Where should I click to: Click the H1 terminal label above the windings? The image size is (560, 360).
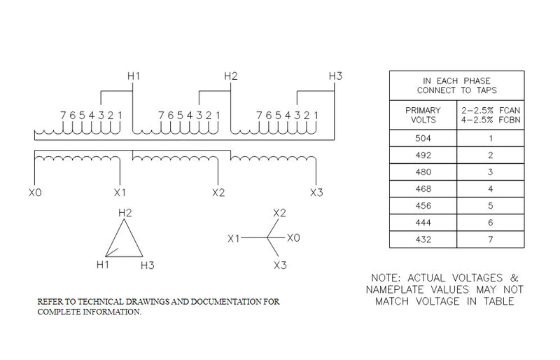coord(134,76)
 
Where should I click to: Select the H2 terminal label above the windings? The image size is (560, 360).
coord(231,76)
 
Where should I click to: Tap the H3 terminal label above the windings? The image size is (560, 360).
coord(335,76)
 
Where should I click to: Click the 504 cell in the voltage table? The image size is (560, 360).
coord(423,139)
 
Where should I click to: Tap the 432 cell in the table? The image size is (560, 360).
coord(423,240)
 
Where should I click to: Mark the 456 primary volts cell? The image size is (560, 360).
coord(423,206)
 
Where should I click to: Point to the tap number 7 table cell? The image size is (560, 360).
coord(491,240)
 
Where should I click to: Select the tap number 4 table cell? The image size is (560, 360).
coord(491,189)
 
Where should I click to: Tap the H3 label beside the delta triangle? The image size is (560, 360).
coord(147,265)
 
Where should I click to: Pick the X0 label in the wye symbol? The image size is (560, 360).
coord(293,238)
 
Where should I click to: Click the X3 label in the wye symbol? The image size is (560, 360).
coord(280,265)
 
